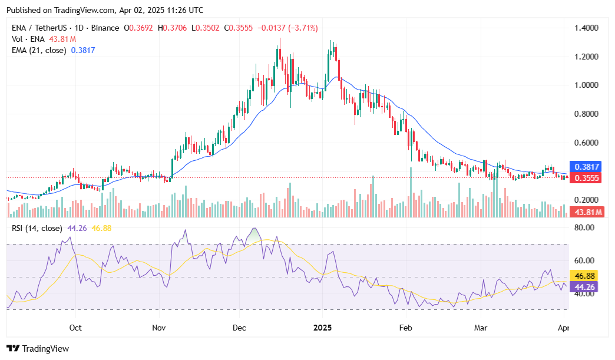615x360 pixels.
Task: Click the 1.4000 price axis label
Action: [587, 28]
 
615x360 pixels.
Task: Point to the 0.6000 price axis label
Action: [587, 143]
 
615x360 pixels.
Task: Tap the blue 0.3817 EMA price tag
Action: [586, 167]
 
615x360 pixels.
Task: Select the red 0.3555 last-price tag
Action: [586, 178]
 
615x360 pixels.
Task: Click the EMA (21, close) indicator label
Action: [39, 51]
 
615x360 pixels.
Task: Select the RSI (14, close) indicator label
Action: [37, 228]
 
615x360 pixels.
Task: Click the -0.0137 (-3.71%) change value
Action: [289, 28]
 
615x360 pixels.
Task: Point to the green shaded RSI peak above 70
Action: [254, 234]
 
